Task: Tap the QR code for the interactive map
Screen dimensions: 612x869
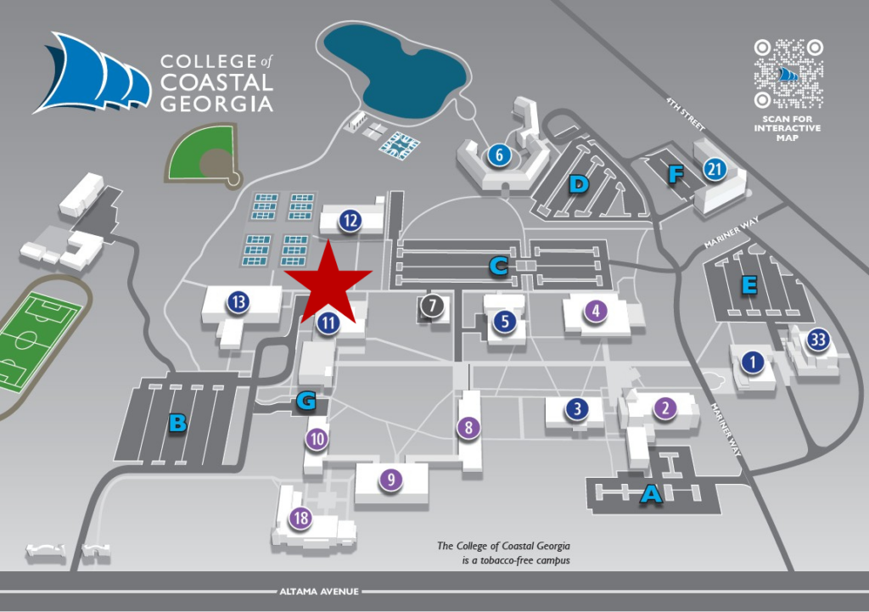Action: (x=789, y=73)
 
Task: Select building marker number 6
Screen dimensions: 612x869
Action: (x=498, y=155)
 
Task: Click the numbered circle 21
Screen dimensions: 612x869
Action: (x=715, y=170)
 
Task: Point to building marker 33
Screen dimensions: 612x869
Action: (x=819, y=340)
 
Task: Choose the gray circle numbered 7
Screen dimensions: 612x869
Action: (x=432, y=305)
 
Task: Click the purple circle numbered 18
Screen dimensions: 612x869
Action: (x=300, y=519)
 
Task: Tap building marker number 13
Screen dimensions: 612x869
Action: (x=238, y=301)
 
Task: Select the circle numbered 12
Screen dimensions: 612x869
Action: (x=350, y=221)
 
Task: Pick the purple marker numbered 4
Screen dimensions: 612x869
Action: (x=597, y=311)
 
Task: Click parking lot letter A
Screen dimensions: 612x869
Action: (x=651, y=493)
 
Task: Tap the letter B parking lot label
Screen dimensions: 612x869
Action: (x=177, y=422)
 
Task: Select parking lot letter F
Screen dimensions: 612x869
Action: (x=676, y=175)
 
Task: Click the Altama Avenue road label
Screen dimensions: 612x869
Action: (x=319, y=592)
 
